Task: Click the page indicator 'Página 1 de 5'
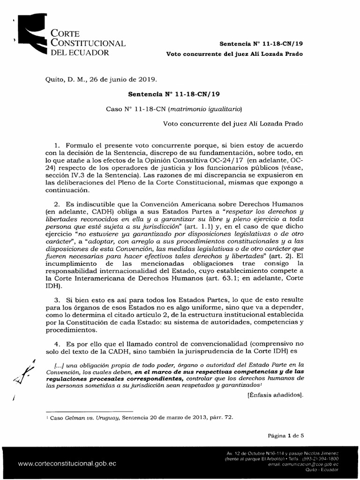point(286,435)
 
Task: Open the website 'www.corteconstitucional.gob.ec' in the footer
point(67,463)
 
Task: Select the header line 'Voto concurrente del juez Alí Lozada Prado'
point(235,54)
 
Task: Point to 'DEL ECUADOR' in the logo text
point(80,52)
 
